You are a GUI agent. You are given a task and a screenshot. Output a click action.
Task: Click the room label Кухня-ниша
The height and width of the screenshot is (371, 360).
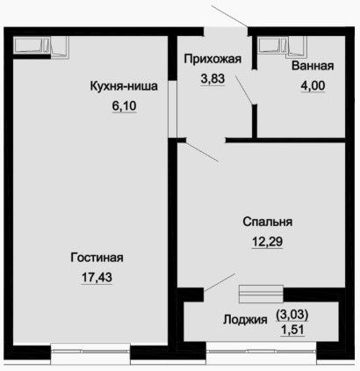[x=124, y=86]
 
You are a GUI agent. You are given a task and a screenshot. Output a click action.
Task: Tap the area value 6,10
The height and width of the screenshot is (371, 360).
[x=125, y=105]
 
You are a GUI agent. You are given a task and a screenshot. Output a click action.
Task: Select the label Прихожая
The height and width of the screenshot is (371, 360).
[x=212, y=59]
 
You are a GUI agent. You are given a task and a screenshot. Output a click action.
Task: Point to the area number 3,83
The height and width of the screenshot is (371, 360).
[x=212, y=78]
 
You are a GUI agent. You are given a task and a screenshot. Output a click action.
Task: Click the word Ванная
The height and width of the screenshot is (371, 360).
[x=313, y=66]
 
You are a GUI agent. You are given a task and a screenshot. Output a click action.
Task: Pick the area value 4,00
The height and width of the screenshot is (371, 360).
[x=313, y=85]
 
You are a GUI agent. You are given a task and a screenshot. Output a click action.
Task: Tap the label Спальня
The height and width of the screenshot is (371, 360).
[x=268, y=222]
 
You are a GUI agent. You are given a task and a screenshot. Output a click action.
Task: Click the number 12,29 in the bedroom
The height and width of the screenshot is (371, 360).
[x=268, y=242]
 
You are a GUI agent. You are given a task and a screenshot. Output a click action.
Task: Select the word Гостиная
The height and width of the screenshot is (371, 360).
[x=97, y=258]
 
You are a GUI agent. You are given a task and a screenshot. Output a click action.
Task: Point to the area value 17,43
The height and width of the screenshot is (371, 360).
[x=97, y=277]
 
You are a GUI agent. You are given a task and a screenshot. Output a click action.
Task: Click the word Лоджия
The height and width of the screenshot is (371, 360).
[x=245, y=319]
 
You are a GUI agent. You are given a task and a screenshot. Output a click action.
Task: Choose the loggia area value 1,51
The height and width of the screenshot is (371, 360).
[x=292, y=330]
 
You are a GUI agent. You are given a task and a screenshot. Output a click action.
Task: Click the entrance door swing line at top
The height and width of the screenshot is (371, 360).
[x=230, y=17]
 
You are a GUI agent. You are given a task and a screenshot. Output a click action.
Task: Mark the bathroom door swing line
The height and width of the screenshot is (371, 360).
[x=245, y=90]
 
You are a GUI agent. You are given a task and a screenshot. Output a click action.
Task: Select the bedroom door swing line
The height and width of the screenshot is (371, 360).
[x=202, y=152]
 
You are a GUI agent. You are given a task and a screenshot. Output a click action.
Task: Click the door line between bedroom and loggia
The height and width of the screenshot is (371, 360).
[x=220, y=282]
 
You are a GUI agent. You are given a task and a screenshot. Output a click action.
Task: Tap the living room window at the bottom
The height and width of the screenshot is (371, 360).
[x=90, y=351]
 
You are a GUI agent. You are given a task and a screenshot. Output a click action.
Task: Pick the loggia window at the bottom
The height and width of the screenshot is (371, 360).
[x=262, y=351]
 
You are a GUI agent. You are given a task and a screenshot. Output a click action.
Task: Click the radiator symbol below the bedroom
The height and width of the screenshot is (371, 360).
[x=261, y=294]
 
